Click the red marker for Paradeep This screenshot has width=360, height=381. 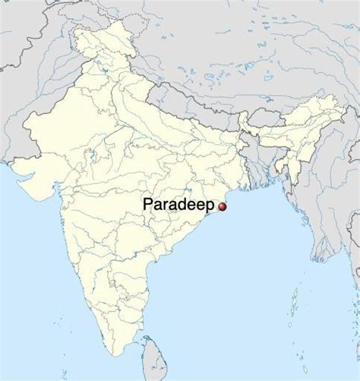[223, 207]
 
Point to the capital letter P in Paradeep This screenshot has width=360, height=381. [147, 205]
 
